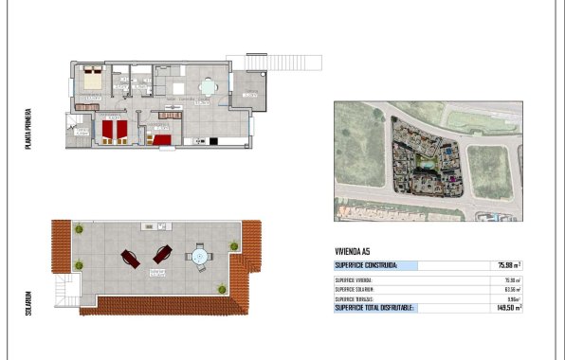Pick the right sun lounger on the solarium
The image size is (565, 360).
pyautogui.click(x=162, y=254)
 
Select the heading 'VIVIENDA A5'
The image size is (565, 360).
pyautogui.click(x=353, y=250)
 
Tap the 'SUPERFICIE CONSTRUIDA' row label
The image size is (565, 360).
pyautogui.click(x=366, y=266)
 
